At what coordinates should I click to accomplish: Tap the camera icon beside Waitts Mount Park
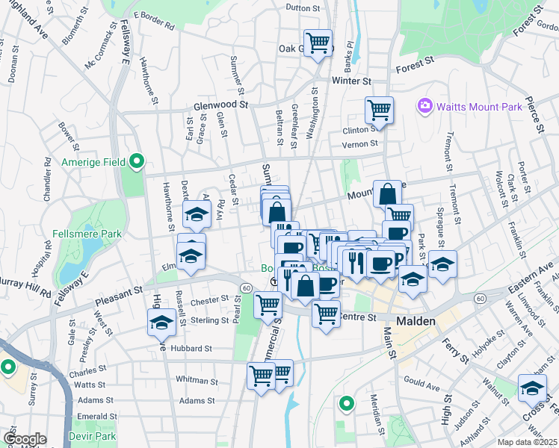(x=425, y=106)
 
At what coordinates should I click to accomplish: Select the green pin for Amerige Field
(x=137, y=161)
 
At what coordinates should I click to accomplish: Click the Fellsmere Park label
(x=87, y=234)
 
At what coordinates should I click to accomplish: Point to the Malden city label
(x=421, y=320)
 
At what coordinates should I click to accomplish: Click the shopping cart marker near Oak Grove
(x=318, y=43)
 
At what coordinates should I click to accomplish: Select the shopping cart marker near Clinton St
(x=379, y=110)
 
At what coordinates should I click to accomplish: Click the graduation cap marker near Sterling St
(x=161, y=323)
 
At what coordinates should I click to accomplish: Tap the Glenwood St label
(x=220, y=105)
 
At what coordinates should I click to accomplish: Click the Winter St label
(x=351, y=81)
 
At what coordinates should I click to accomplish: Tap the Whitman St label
(x=197, y=380)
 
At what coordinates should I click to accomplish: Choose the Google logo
(x=25, y=439)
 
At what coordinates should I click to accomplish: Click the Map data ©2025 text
(x=528, y=442)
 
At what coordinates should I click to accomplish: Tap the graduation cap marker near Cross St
(x=533, y=388)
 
